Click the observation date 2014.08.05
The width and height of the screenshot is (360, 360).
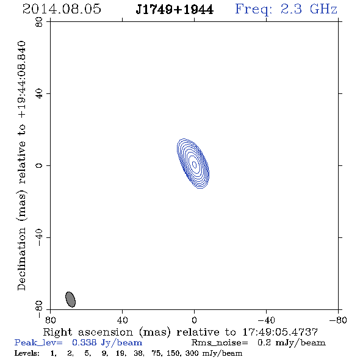(62, 9)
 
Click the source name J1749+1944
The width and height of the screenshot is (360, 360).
(175, 9)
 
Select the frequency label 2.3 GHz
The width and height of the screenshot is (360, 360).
(309, 9)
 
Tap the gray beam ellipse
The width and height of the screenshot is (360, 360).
(71, 300)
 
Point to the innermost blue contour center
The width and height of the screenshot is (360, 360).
(194, 164)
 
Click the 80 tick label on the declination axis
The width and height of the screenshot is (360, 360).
(39, 22)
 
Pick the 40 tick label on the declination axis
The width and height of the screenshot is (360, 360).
(39, 94)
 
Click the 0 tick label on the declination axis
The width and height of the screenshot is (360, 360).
(39, 165)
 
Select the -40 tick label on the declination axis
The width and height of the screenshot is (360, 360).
(39, 237)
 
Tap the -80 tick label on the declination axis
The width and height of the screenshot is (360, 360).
(39, 309)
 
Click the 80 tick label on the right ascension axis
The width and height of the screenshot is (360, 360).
(50, 320)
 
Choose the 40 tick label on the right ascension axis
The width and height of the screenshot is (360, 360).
(122, 320)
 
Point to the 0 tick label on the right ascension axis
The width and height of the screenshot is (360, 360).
(194, 320)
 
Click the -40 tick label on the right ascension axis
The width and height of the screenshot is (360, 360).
(266, 320)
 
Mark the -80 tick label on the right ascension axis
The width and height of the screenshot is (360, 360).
(338, 320)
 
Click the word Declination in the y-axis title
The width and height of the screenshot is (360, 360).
(21, 259)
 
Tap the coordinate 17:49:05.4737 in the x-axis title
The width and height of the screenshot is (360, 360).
(280, 332)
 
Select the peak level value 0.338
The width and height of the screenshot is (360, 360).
(84, 342)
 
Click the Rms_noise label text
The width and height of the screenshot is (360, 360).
(220, 343)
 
